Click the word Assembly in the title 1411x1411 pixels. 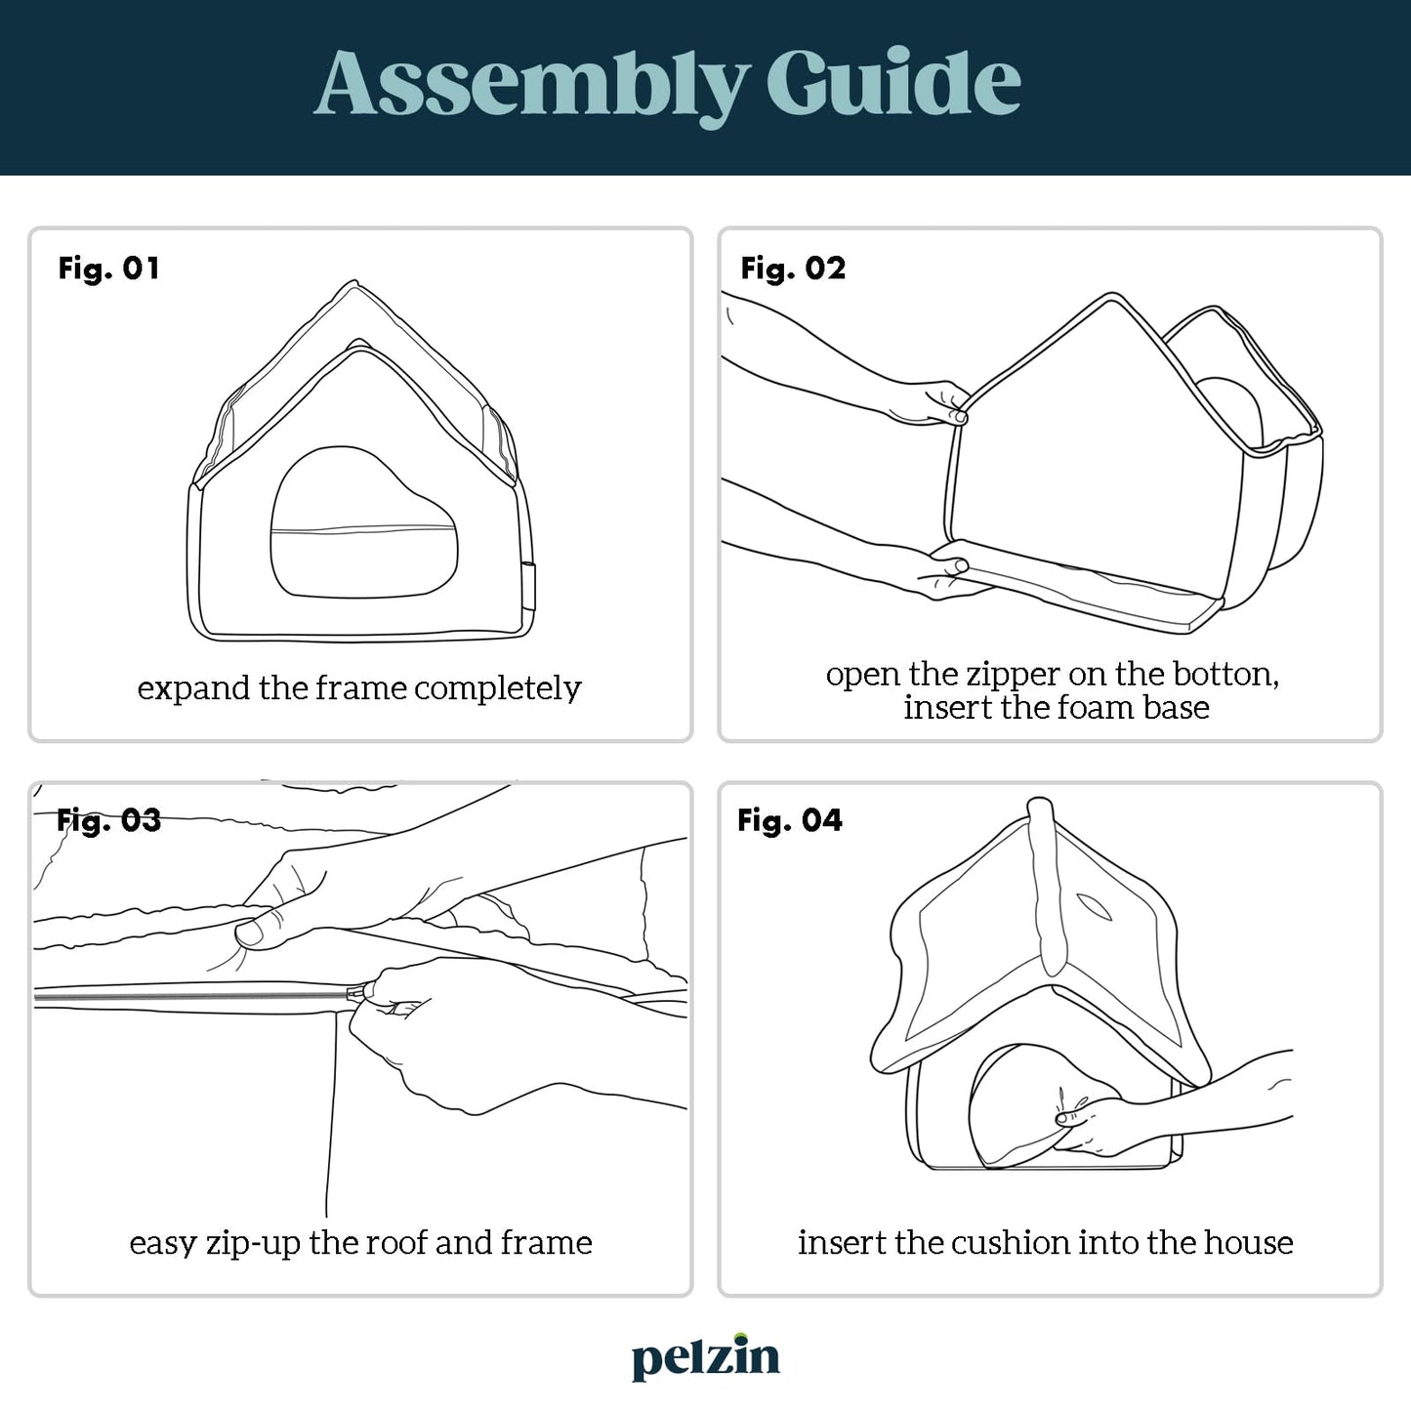click(533, 84)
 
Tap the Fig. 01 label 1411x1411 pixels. click(108, 269)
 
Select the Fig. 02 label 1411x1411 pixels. click(793, 269)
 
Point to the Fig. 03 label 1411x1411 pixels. click(108, 820)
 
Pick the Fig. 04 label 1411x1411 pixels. click(790, 820)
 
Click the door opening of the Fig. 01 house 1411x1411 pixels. click(363, 522)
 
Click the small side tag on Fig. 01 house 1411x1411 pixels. click(529, 587)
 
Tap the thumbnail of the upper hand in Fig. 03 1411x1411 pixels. click(248, 933)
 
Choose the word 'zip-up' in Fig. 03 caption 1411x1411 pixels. click(253, 1244)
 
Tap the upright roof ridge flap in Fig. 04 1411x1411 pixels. click(1045, 886)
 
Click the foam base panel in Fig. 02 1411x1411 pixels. click(1076, 585)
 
